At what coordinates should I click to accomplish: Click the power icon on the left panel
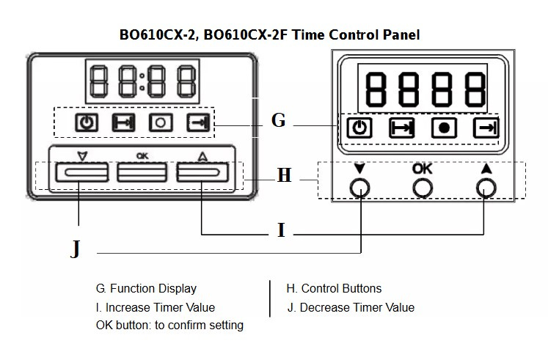point(87,122)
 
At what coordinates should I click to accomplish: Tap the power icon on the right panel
point(359,128)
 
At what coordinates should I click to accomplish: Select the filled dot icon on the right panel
point(443,128)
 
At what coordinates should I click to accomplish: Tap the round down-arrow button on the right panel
point(360,188)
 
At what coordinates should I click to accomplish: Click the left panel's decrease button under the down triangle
point(79,172)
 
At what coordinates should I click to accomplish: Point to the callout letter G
point(278,120)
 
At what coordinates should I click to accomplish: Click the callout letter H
point(284,176)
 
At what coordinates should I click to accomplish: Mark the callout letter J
point(75,249)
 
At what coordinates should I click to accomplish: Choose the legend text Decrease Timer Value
point(357,307)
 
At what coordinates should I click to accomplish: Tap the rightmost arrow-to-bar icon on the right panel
point(485,128)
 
